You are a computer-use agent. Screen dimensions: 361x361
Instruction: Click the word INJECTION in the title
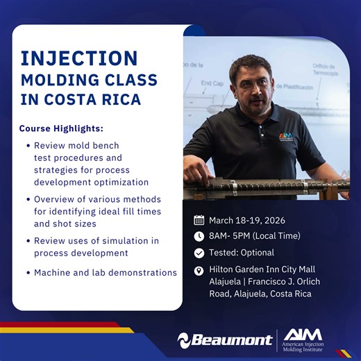(x=78, y=58)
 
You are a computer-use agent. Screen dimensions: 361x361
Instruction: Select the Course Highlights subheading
(x=61, y=129)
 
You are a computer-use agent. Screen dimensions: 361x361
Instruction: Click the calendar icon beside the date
(x=199, y=221)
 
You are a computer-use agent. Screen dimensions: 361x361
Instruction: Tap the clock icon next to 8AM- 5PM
(x=199, y=237)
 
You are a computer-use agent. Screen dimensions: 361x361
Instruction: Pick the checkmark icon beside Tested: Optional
(x=199, y=253)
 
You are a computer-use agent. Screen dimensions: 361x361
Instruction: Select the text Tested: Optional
(x=242, y=253)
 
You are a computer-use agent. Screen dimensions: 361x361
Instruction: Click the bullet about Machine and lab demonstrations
(x=106, y=273)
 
